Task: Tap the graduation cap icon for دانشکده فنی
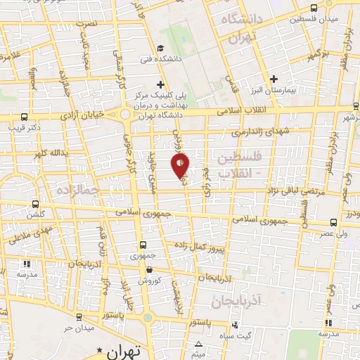[x=160, y=48]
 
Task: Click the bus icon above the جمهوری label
[x=143, y=245]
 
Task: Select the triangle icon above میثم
[x=199, y=344]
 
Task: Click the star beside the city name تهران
[x=100, y=349]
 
